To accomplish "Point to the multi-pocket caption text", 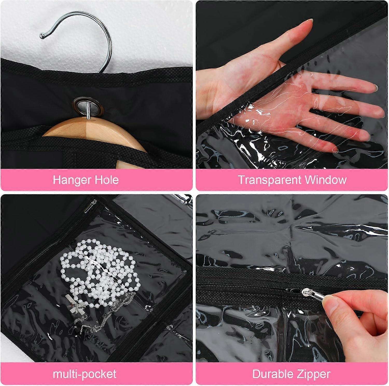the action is click(85, 374).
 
